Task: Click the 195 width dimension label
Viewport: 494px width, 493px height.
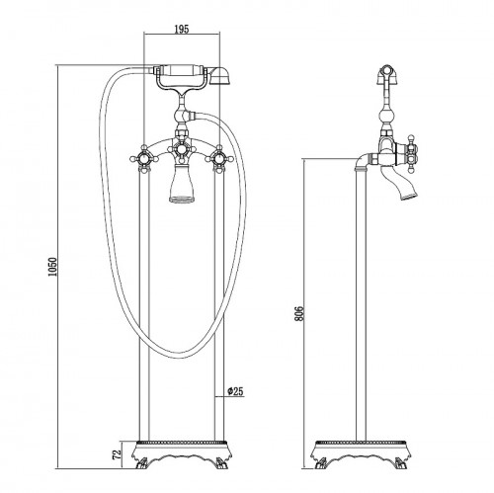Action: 182,29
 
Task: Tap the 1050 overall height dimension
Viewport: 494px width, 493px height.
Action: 52,267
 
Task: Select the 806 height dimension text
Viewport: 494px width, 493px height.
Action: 298,313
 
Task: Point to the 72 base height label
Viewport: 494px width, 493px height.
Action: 117,454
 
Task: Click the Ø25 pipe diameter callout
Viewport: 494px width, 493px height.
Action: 235,391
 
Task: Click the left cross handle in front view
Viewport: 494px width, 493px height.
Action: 144,159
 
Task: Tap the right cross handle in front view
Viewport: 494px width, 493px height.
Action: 219,159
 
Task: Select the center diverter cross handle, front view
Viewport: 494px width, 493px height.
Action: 181,150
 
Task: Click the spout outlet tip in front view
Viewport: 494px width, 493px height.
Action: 181,199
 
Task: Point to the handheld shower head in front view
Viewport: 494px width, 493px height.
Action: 220,76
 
